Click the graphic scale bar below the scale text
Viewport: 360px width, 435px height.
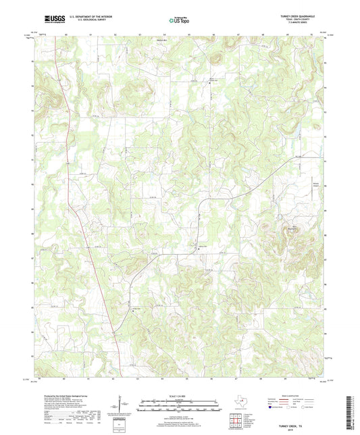point(180,406)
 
